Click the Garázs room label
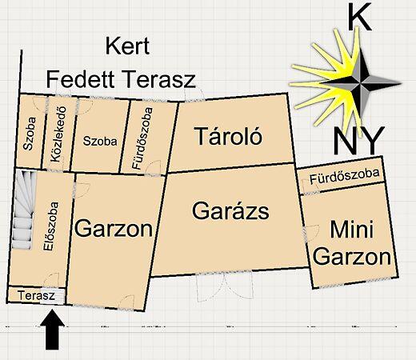click(x=230, y=212)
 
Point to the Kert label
click(x=129, y=46)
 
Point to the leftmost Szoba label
click(x=29, y=138)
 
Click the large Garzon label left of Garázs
click(x=113, y=230)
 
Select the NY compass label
click(x=358, y=142)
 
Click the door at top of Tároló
click(x=194, y=94)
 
